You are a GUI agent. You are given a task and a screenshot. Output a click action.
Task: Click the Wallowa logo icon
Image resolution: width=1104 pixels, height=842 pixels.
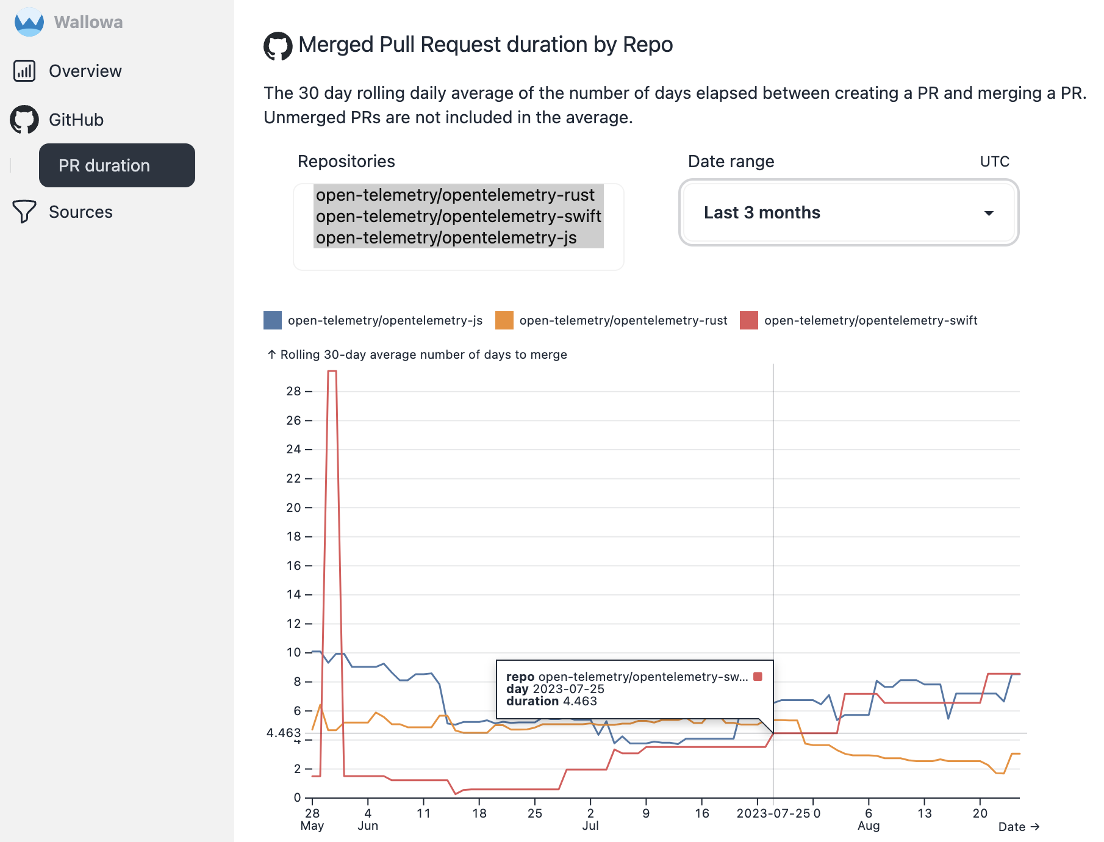[29, 22]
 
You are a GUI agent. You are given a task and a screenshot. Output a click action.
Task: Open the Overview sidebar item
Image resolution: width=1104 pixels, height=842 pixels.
[85, 71]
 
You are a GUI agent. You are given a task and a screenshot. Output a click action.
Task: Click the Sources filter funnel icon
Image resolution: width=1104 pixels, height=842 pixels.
[24, 212]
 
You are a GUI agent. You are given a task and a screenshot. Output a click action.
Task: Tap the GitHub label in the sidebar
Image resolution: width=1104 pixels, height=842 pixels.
[76, 120]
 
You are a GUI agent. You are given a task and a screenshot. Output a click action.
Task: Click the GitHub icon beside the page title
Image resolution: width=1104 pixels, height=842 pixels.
[278, 46]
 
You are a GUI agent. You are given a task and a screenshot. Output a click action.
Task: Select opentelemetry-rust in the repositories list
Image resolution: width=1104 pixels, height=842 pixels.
[455, 195]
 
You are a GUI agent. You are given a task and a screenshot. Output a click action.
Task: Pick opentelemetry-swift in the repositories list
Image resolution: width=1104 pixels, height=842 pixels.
[458, 216]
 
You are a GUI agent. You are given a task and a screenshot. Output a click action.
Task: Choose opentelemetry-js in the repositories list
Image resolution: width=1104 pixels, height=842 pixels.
[446, 237]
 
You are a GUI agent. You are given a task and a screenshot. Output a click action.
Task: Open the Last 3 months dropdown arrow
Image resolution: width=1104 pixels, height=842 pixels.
[989, 213]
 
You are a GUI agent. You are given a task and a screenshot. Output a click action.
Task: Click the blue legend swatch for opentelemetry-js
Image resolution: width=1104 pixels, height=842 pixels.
[273, 320]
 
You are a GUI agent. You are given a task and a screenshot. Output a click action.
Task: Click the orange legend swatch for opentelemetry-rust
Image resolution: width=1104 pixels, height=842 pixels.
[504, 320]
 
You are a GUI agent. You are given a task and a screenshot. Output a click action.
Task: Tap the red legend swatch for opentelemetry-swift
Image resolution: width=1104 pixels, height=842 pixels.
[749, 320]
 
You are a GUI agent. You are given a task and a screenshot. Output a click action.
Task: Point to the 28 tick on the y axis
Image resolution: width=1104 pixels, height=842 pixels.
[294, 391]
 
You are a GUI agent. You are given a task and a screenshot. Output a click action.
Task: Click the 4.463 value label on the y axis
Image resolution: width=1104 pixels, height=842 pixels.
[284, 733]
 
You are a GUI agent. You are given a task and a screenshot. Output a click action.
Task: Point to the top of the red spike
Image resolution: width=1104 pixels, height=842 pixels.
[332, 371]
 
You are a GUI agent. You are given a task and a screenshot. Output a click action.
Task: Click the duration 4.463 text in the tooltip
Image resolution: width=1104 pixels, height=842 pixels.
[551, 701]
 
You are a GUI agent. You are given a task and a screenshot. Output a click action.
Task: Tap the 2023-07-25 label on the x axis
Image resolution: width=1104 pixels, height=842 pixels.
[773, 813]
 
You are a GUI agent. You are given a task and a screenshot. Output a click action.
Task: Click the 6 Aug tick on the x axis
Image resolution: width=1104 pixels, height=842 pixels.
[869, 819]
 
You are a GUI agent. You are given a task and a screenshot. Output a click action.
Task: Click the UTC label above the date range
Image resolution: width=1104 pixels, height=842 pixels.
[994, 162]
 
